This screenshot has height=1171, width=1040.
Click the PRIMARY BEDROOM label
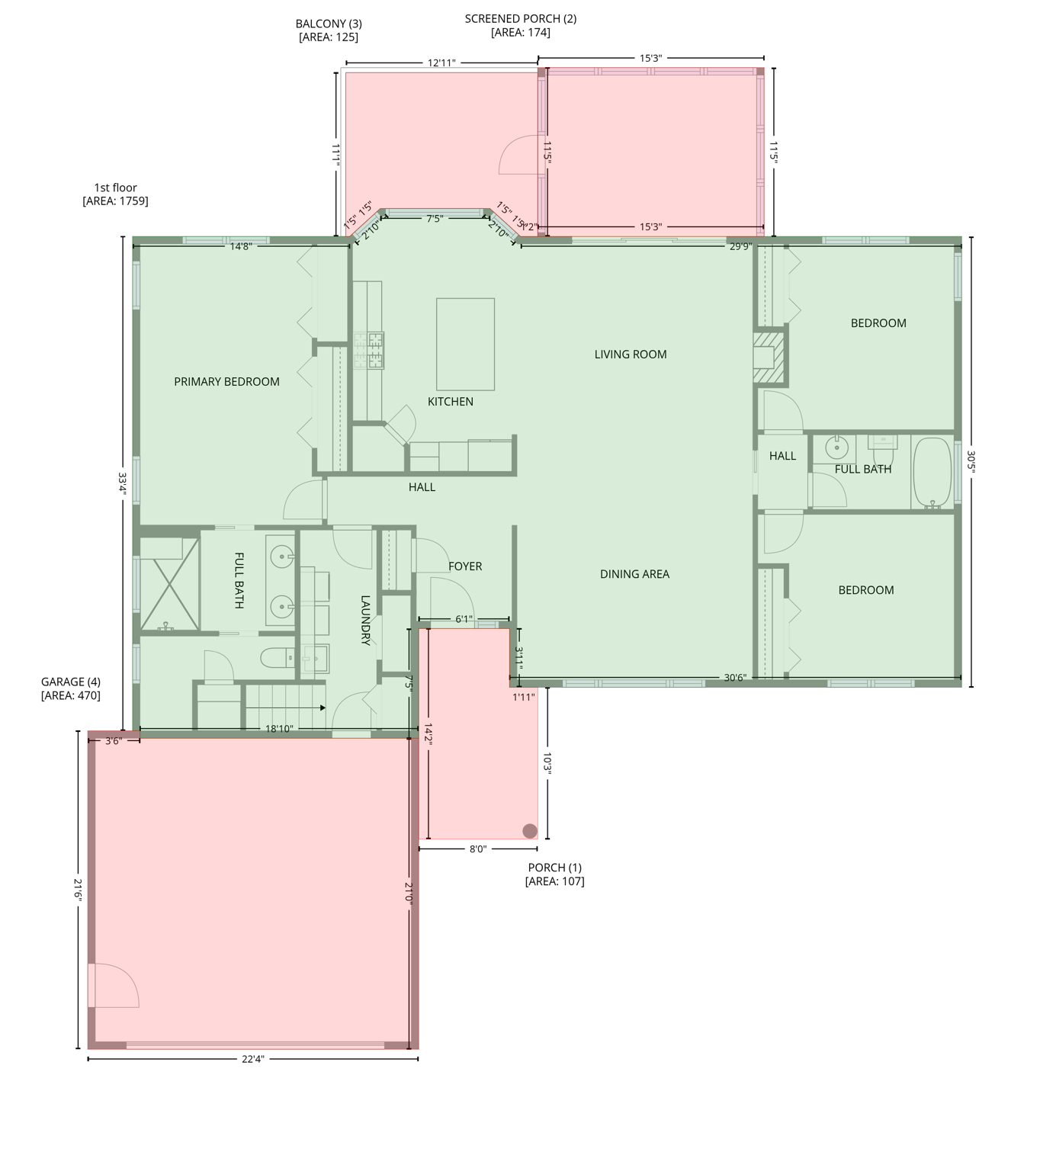226,382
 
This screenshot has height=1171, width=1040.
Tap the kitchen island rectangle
465,344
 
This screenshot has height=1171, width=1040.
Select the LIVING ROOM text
631,355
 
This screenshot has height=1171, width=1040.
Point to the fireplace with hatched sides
769,357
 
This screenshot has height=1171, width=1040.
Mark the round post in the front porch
529,830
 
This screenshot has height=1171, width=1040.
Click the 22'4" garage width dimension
253,1059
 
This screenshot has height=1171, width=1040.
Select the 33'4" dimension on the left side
122,483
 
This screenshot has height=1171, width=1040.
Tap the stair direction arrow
323,707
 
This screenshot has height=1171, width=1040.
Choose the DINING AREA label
634,575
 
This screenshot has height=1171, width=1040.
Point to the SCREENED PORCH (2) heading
521,19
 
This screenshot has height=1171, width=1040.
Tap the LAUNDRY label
365,621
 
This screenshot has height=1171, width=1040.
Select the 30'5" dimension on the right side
971,461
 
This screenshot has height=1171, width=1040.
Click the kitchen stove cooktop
369,351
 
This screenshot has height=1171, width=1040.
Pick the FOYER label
465,566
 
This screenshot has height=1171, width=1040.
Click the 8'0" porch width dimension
478,849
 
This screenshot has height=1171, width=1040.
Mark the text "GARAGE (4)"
71,682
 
